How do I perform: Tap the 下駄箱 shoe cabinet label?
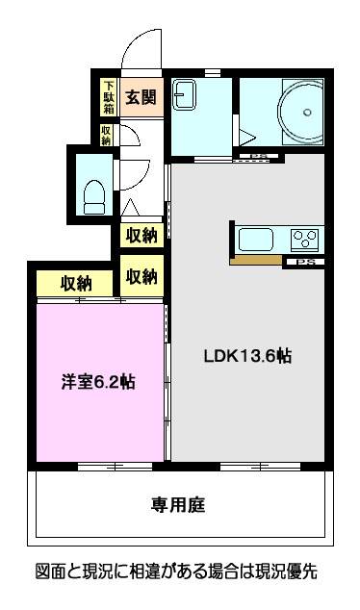tap(109, 96)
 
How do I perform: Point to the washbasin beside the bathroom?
tap(185, 96)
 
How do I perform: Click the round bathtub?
tap(297, 113)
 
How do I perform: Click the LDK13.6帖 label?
tap(246, 355)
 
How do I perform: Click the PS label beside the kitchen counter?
tap(305, 263)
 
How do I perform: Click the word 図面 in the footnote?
tap(51, 572)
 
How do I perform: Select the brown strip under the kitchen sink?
tap(256, 259)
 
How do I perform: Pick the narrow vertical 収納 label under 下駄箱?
tap(107, 135)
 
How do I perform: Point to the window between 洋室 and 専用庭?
tap(102, 467)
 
